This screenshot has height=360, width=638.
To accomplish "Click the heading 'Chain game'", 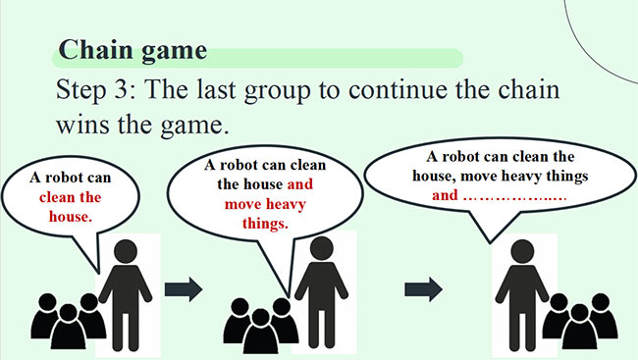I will pos(133,49).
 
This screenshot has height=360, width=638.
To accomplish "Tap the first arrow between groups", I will pos(183,289).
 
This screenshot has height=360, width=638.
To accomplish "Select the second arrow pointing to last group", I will pos(424,289).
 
